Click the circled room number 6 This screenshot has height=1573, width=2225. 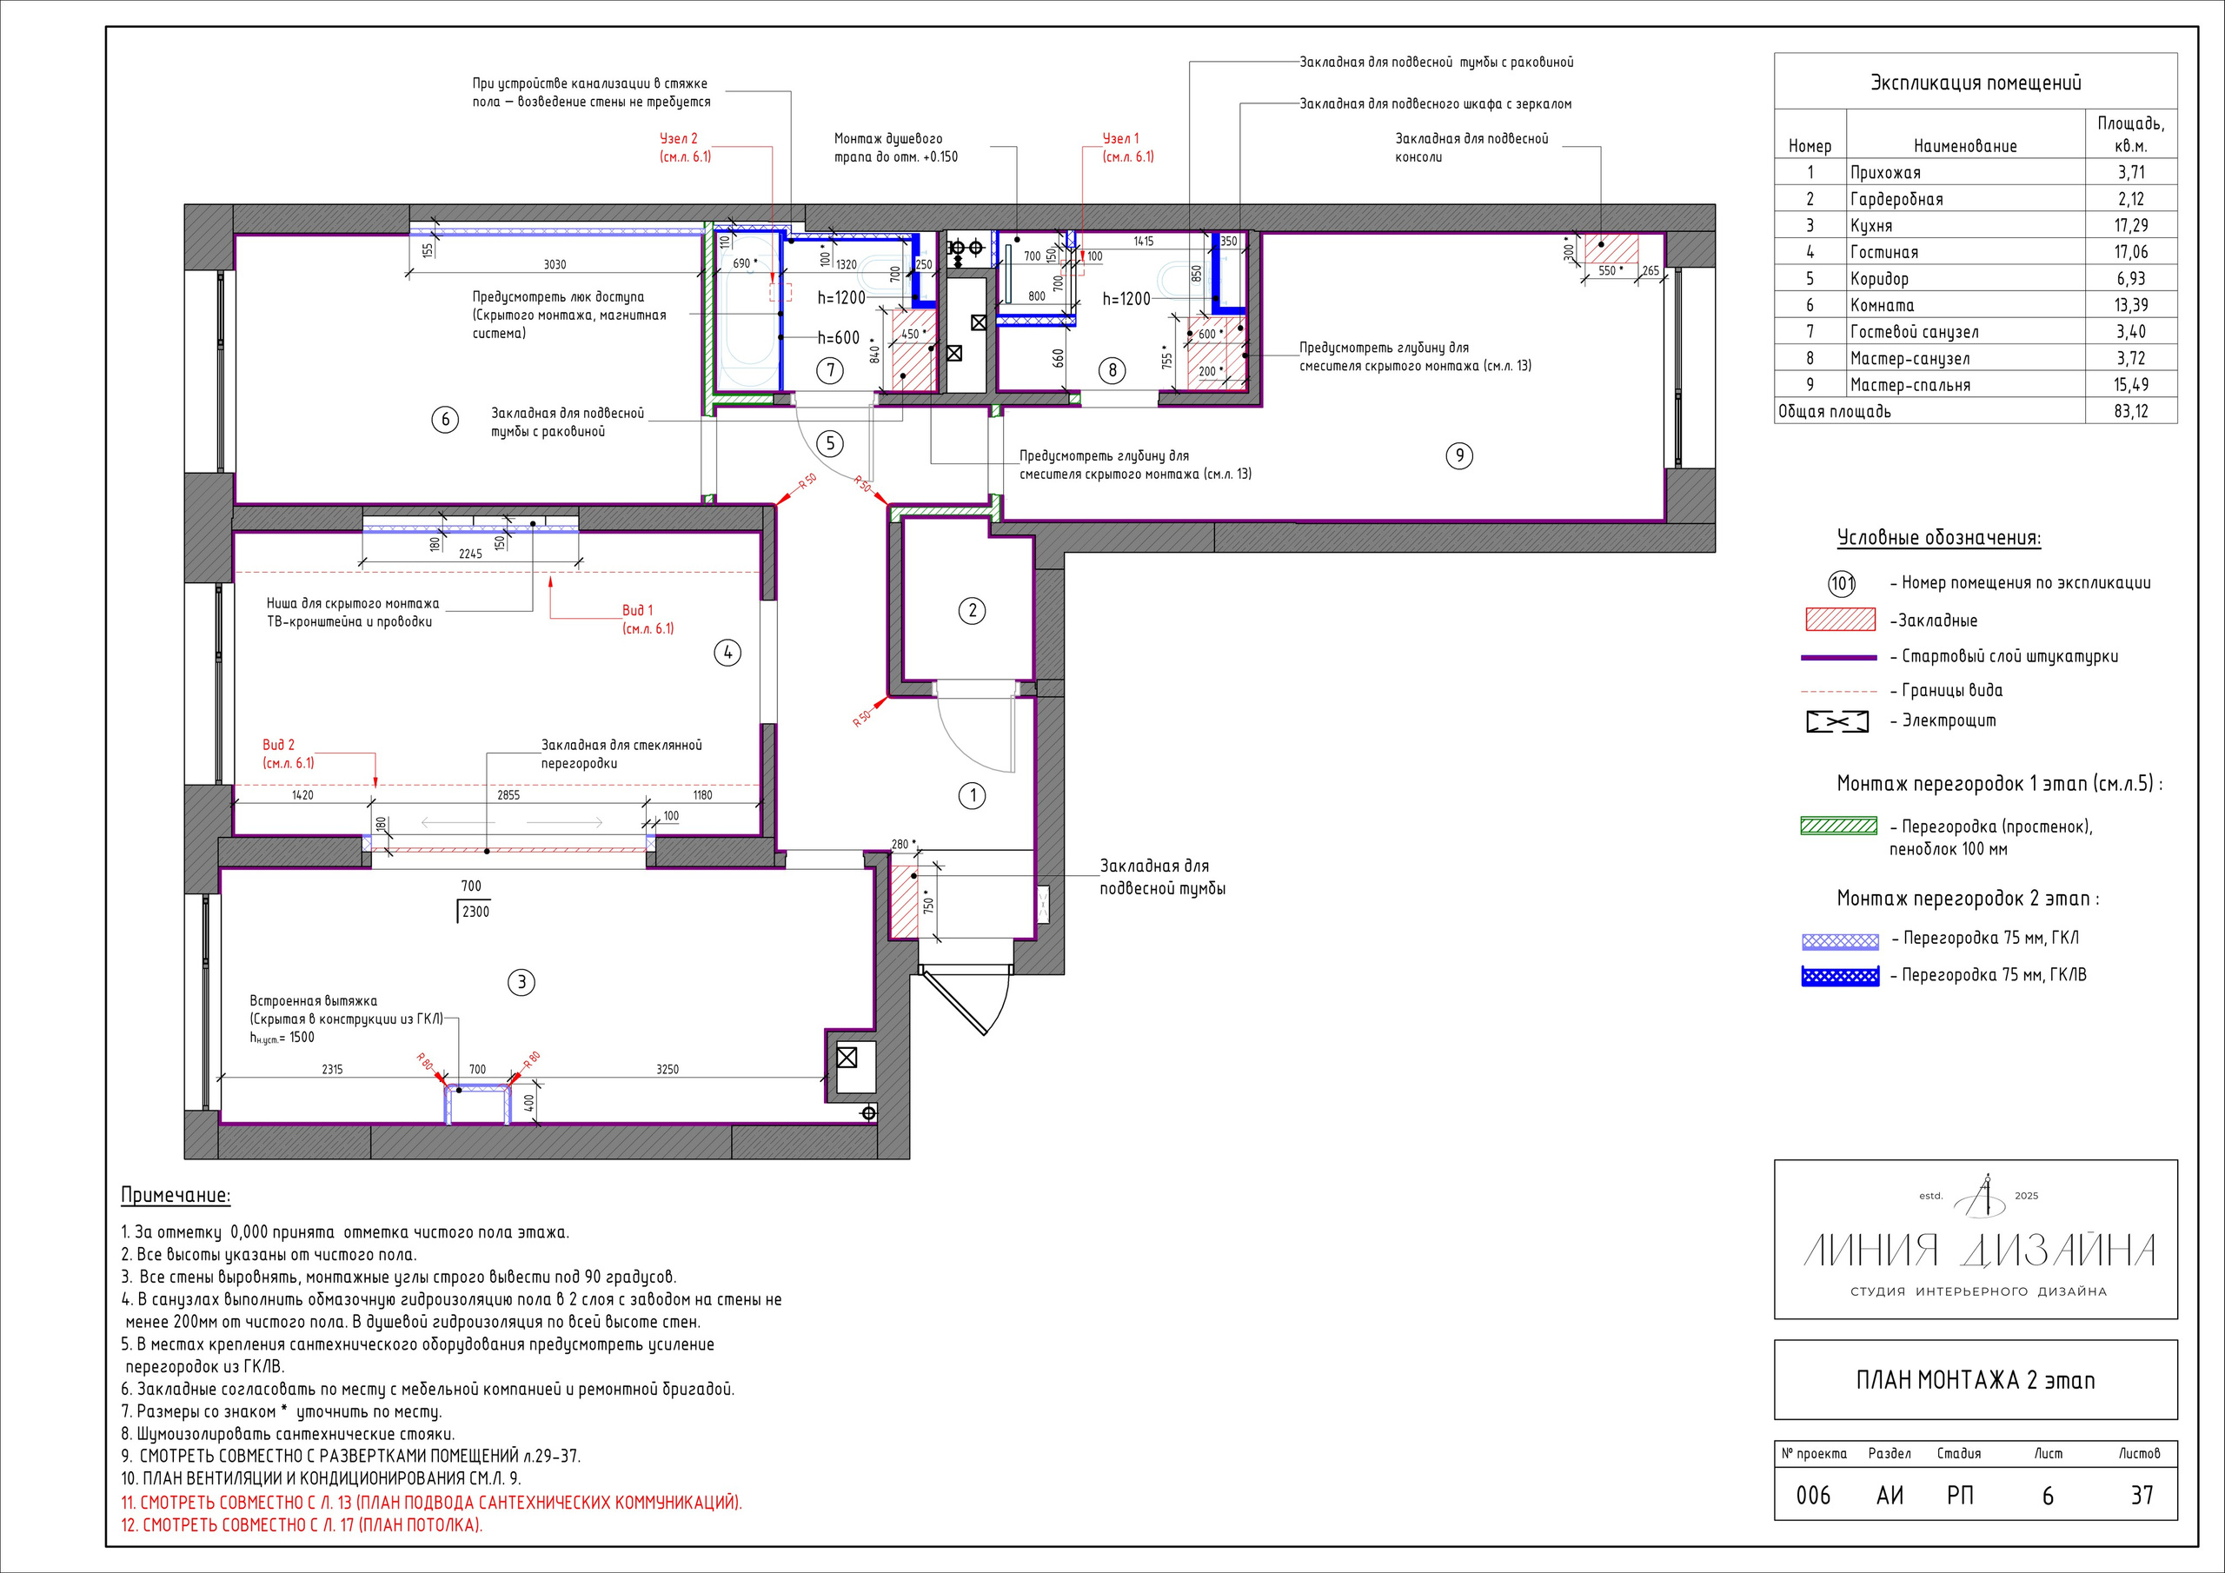click(445, 420)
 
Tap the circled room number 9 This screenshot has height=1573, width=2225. click(1459, 455)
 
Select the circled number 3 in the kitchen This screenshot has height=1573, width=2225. click(521, 983)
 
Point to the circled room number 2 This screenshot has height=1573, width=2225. click(972, 611)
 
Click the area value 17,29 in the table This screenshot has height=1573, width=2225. click(2131, 226)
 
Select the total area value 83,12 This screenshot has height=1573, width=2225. click(2131, 412)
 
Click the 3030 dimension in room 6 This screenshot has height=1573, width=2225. click(555, 264)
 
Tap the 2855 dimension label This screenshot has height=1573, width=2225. click(508, 794)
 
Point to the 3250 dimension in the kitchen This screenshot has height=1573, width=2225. click(667, 1069)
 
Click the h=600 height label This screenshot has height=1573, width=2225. click(838, 337)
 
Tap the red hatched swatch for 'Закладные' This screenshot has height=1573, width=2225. click(1840, 620)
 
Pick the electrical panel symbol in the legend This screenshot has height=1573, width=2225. click(1837, 722)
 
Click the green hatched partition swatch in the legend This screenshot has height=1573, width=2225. click(1839, 826)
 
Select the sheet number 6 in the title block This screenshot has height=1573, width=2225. click(2048, 1497)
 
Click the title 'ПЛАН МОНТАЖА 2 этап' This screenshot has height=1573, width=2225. click(1975, 1380)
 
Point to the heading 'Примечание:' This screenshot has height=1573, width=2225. click(176, 1195)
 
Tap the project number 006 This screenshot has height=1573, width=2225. click(1813, 1496)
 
